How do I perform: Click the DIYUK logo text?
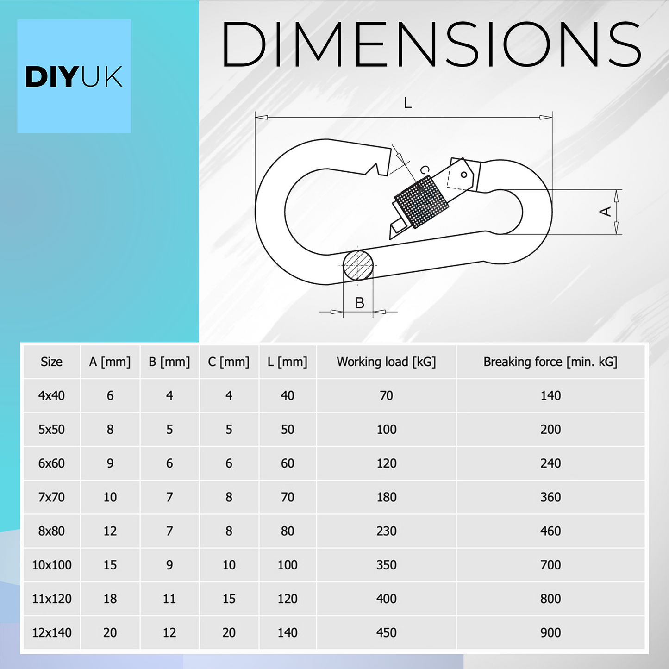[x=74, y=77]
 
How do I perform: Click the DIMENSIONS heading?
[x=431, y=44]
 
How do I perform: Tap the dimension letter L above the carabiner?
[x=407, y=103]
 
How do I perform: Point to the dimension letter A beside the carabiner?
[x=606, y=212]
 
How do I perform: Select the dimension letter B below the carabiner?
[x=359, y=303]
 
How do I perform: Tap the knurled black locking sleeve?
[x=421, y=201]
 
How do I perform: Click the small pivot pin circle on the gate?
[x=464, y=175]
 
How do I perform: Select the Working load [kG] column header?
[x=386, y=362]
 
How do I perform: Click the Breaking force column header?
[x=550, y=362]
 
